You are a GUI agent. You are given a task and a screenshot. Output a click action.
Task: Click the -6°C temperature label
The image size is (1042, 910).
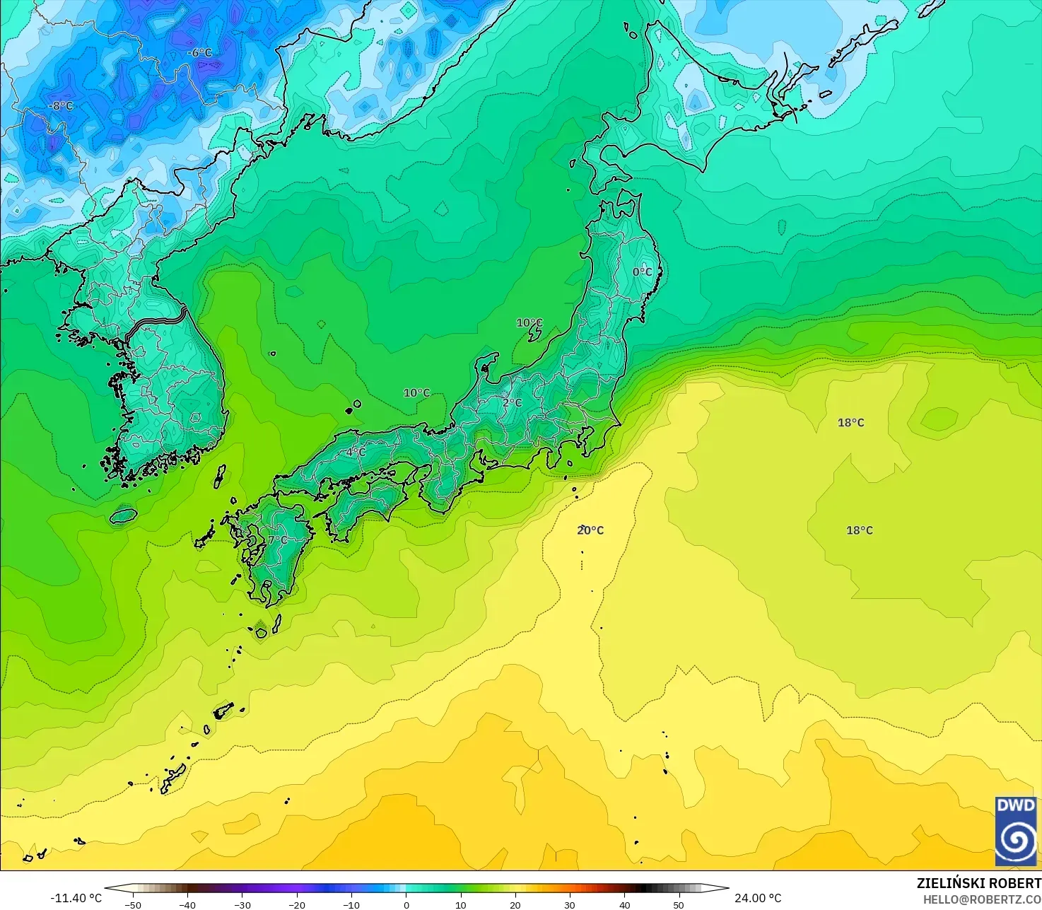199,53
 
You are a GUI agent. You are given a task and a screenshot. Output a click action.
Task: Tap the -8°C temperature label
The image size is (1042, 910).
61,106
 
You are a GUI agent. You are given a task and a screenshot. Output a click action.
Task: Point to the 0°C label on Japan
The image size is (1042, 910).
642,272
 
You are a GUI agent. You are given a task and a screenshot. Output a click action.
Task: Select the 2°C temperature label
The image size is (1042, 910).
513,403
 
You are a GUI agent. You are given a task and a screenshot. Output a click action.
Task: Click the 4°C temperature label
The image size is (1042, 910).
356,453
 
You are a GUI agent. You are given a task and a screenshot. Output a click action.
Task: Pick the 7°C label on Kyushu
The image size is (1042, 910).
278,540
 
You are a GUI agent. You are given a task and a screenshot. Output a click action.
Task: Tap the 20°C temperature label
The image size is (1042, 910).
590,530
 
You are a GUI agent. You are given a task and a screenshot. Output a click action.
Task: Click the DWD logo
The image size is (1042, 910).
1016,831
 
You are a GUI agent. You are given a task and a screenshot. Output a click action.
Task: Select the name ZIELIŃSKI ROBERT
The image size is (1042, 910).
978,883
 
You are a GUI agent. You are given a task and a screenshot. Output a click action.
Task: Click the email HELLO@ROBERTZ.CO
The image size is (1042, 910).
982,899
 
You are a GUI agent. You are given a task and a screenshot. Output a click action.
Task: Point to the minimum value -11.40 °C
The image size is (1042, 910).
76,898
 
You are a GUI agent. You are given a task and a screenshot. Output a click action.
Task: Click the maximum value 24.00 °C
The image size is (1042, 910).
758,898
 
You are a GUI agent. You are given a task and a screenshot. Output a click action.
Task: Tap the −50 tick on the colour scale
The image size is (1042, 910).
132,905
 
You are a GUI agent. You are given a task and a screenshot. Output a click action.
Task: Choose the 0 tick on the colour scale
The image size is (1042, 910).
406,905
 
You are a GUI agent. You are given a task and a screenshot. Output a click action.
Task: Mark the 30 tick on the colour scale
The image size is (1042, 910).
570,905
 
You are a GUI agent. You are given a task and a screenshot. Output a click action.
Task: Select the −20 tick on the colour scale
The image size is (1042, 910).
296,905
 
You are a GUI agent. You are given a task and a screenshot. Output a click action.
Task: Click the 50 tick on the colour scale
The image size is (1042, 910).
679,905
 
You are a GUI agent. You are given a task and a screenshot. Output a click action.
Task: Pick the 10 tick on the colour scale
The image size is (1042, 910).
460,905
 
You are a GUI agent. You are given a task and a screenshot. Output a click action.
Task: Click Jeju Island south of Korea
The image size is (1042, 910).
122,516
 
